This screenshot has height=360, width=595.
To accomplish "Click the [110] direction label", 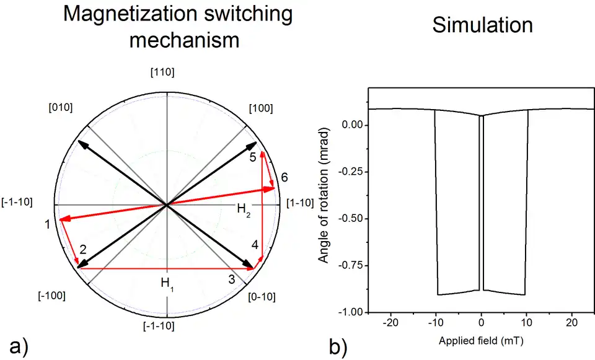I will [162, 72].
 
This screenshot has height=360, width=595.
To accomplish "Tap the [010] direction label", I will [60, 107].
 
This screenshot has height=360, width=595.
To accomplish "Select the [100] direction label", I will [260, 108].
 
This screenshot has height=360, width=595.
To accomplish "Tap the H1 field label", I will [167, 283].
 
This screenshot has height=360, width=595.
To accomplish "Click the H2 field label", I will [244, 210].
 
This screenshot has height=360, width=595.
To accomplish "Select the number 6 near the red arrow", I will [284, 177].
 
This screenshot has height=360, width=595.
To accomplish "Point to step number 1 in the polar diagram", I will [48, 224].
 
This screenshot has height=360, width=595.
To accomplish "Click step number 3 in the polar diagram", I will [232, 279].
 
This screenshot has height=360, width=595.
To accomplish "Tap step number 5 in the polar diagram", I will [253, 157].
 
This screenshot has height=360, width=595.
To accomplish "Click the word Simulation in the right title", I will [482, 25].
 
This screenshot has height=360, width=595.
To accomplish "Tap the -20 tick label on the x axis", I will [390, 323].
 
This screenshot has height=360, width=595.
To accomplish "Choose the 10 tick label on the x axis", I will [527, 323].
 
